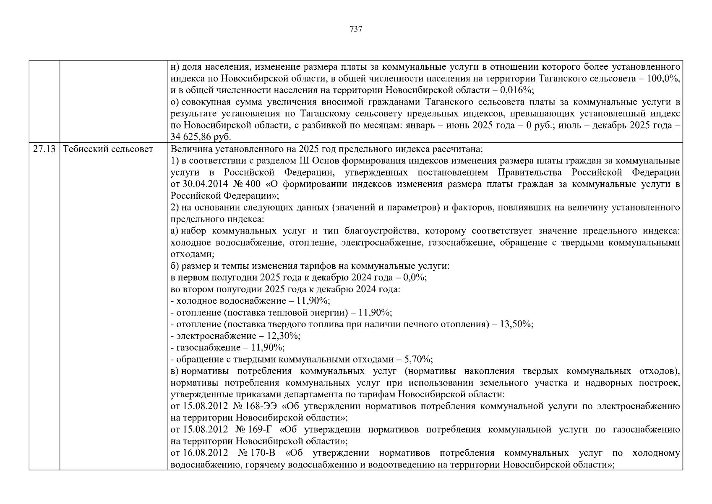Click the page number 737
[x=356, y=29]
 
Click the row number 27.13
[x=44, y=149]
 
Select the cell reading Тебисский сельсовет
[x=108, y=149]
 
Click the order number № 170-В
[x=257, y=453]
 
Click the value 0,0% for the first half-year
[x=414, y=278]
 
